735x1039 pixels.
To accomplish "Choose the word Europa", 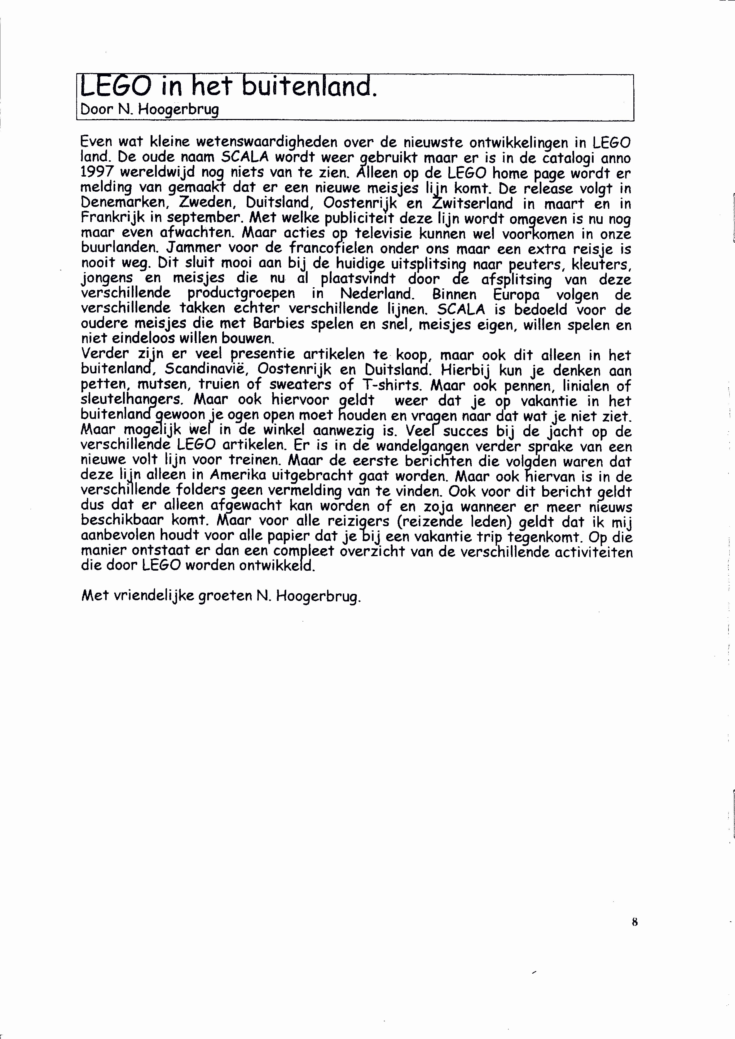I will (x=516, y=295).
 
